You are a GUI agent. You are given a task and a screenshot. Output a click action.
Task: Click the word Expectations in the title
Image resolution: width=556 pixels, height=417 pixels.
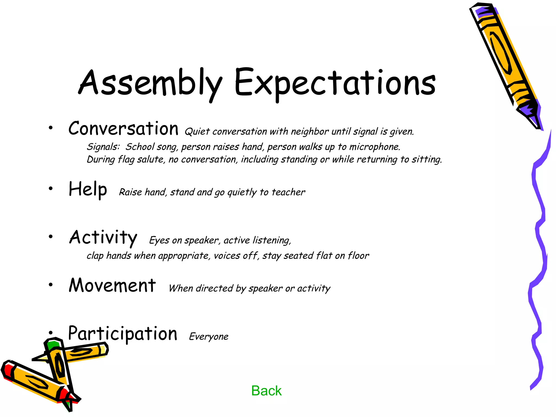click(x=334, y=83)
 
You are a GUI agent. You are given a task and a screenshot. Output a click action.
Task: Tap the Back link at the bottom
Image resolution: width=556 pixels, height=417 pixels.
click(x=266, y=391)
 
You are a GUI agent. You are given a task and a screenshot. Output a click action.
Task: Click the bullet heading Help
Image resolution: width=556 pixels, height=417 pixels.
click(x=88, y=189)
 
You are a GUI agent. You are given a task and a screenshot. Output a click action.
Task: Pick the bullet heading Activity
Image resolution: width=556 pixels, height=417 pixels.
click(x=103, y=237)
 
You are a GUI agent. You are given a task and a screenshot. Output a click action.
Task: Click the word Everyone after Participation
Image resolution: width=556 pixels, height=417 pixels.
click(x=208, y=337)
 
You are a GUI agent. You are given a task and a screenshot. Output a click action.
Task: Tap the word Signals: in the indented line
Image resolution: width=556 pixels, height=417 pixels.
click(x=103, y=147)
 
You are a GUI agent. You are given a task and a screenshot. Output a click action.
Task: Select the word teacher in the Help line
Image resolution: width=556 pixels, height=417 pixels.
click(x=288, y=192)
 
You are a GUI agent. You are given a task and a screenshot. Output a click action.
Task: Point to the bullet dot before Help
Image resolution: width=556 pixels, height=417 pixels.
click(x=50, y=188)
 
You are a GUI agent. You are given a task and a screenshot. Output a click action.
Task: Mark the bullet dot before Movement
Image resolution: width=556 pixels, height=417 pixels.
click(x=50, y=285)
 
